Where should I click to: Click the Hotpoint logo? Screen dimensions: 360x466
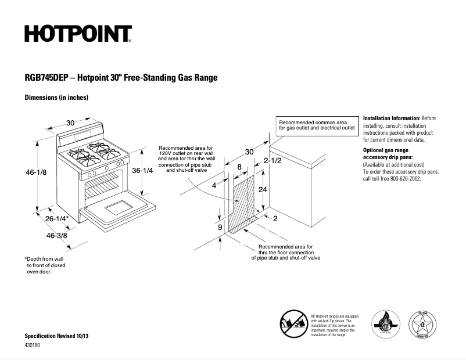click(x=78, y=34)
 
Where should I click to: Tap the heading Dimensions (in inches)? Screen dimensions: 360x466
click(x=56, y=98)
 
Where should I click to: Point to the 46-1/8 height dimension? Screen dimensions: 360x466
click(x=36, y=172)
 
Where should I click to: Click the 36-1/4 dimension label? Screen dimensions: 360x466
click(x=142, y=171)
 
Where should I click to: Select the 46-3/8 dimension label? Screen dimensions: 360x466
click(x=57, y=236)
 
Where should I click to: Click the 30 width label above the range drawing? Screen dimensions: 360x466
click(x=70, y=123)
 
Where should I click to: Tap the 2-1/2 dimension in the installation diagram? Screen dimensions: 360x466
click(x=273, y=160)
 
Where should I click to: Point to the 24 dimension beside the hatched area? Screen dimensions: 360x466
click(x=263, y=190)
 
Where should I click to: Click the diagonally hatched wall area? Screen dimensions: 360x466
click(x=244, y=206)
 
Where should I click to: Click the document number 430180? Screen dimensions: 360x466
click(x=33, y=345)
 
